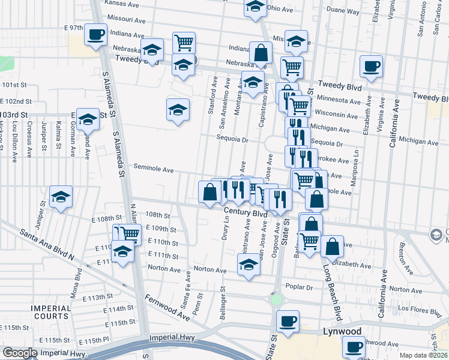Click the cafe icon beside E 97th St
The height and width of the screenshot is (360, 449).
[x=96, y=34]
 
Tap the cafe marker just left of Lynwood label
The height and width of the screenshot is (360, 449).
[x=288, y=320]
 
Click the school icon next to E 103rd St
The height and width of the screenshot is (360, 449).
[x=88, y=119]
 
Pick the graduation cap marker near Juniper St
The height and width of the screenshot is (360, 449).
[x=61, y=198]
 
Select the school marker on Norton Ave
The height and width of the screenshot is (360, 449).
[x=249, y=264]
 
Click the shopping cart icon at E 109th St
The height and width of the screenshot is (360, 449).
[x=129, y=234]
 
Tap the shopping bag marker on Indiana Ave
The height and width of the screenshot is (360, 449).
[x=262, y=53]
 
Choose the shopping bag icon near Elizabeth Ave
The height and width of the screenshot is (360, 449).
[x=331, y=245]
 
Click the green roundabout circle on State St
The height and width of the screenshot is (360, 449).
[x=276, y=299]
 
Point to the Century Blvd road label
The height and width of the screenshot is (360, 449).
[x=246, y=212]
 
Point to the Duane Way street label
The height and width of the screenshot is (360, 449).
[x=343, y=11]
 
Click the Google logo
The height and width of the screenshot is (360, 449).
[x=20, y=353]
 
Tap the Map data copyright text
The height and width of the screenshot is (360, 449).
[x=423, y=355]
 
